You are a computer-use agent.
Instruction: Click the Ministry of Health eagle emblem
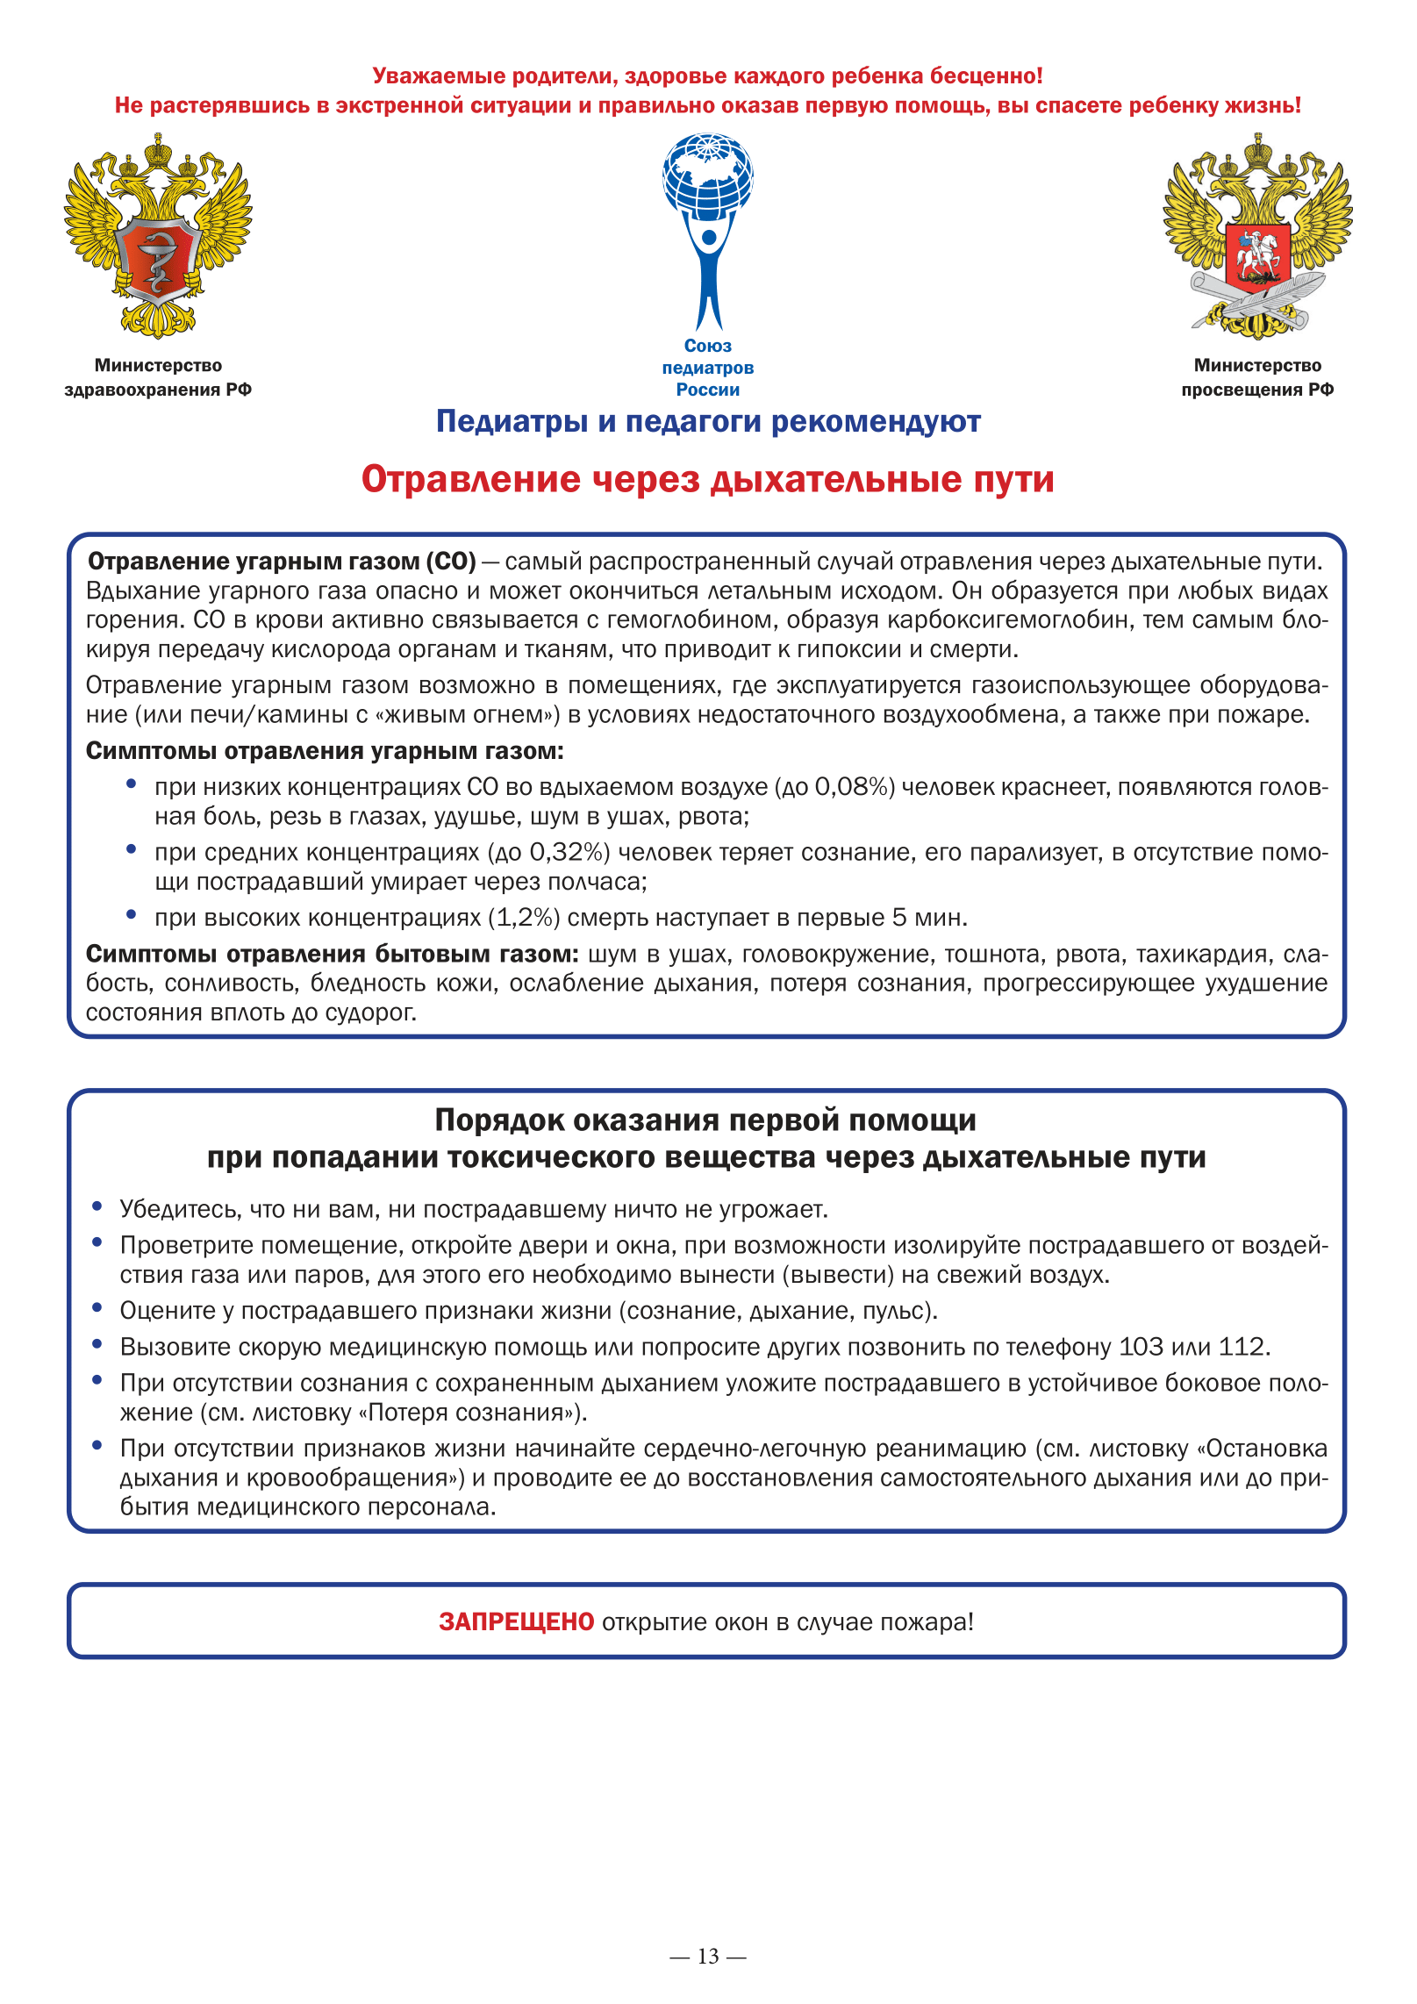(158, 235)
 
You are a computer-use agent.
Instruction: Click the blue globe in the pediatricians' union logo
(708, 175)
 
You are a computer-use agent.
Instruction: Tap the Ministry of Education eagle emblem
(1257, 235)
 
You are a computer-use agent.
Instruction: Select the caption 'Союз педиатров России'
(708, 368)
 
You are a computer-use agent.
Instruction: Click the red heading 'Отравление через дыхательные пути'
(707, 480)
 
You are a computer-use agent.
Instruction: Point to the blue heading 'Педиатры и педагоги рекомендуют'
(708, 422)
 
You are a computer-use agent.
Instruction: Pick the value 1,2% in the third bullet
(524, 918)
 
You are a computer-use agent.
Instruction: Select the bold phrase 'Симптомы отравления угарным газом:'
(325, 751)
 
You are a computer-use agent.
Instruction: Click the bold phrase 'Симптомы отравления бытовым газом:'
(332, 954)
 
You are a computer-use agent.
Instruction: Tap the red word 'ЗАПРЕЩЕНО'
(517, 1621)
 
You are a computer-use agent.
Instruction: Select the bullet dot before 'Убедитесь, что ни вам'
(97, 1206)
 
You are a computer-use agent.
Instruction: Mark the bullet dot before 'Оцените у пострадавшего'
(97, 1307)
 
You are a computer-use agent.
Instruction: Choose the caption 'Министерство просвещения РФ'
(1257, 377)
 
